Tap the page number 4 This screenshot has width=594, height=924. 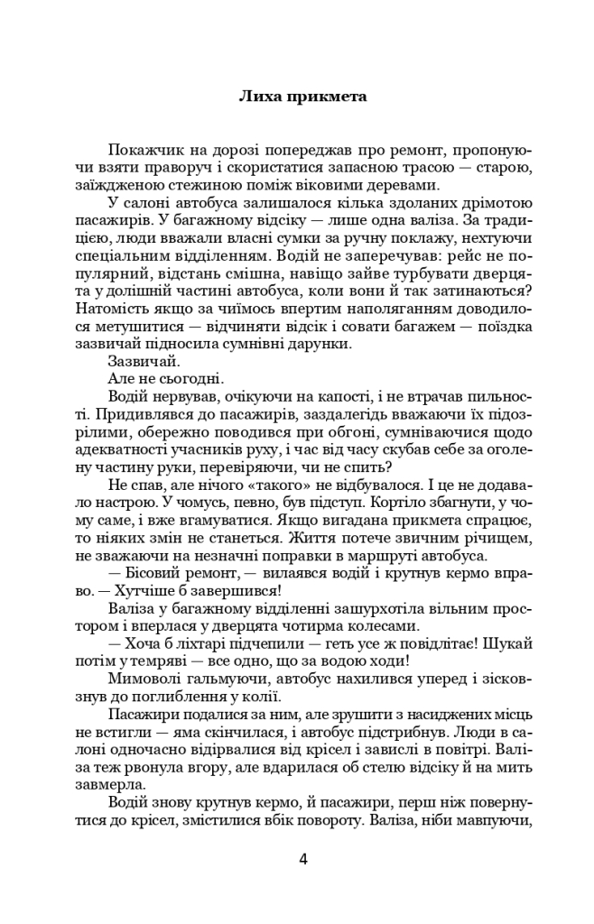pos(303,858)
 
